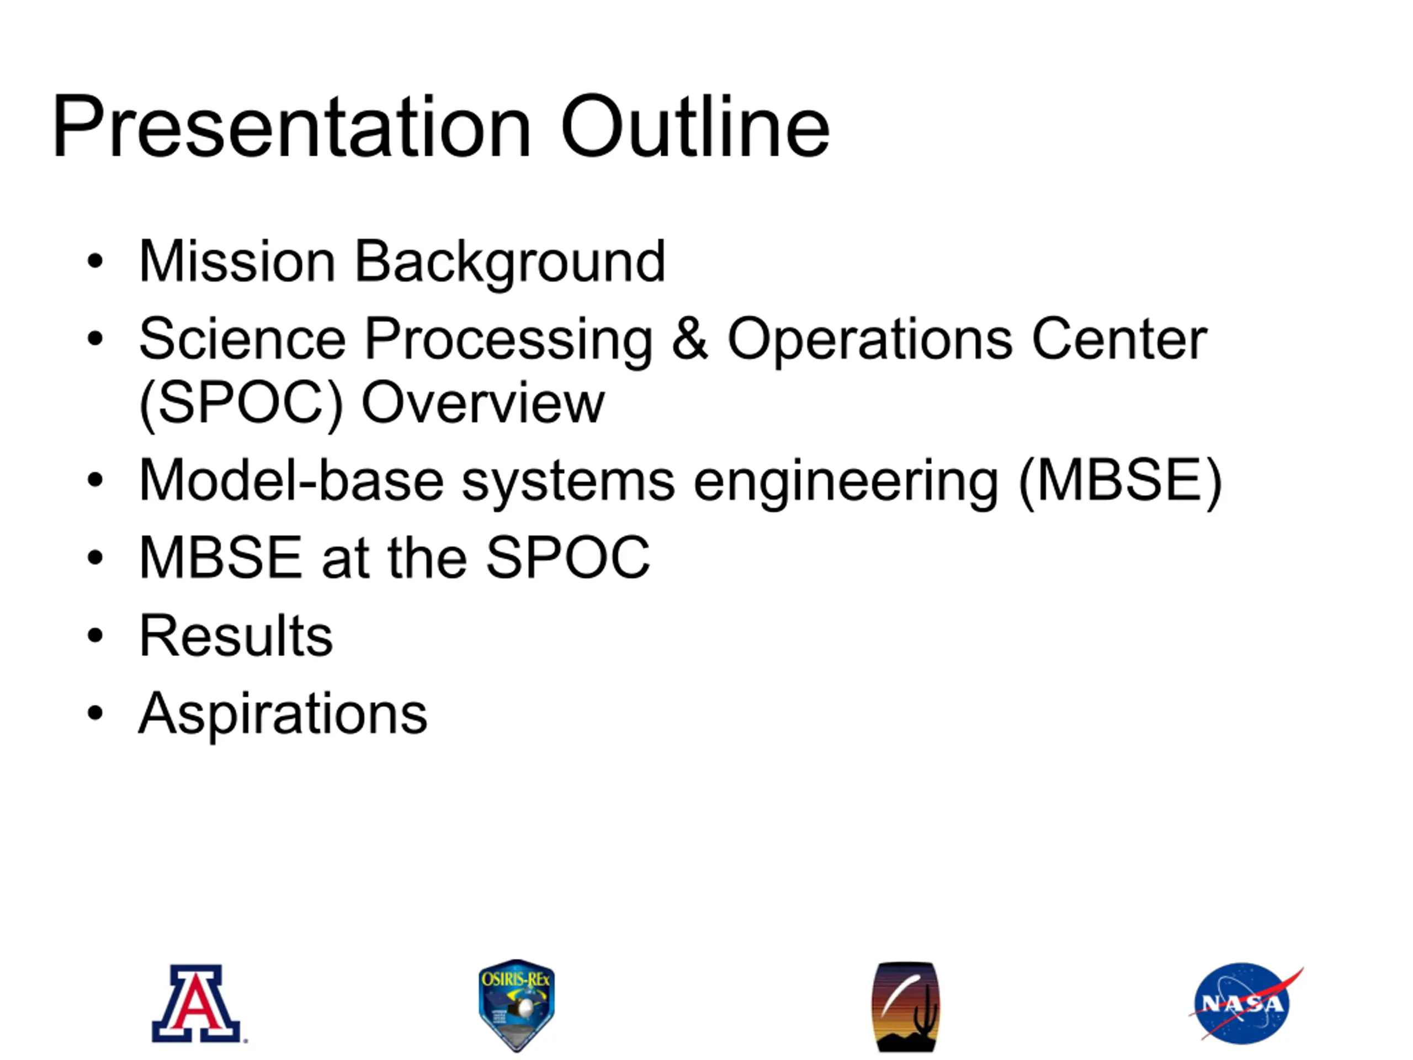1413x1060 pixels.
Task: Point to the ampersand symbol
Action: (690, 338)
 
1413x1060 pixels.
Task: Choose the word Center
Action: (1119, 338)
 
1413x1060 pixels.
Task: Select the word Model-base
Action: (291, 480)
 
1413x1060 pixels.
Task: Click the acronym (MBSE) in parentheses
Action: (1120, 483)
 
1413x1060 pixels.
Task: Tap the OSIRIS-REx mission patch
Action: (516, 1004)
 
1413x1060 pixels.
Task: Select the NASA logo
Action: (1245, 1003)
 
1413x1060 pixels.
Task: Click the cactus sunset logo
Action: (906, 1006)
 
